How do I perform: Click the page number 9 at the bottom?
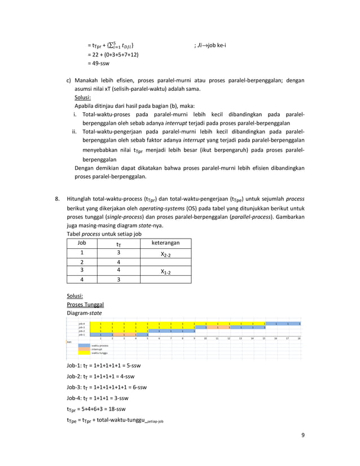tap(302, 435)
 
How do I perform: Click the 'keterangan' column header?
tap(166, 243)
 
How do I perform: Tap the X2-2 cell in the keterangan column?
tap(166, 254)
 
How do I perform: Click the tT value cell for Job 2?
tap(118, 261)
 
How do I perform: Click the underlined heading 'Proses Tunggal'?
tap(85, 304)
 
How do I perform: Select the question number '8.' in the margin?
tap(57, 199)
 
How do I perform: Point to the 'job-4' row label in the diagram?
tap(82, 323)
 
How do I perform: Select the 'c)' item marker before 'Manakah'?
tap(69, 80)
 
